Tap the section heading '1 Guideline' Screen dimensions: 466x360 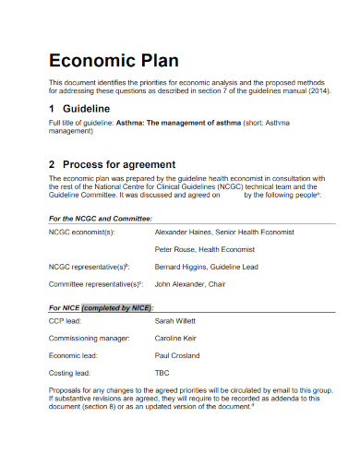79,108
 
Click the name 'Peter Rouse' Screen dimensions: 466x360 174,249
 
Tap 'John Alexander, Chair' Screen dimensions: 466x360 189,285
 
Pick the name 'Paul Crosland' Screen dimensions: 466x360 178,355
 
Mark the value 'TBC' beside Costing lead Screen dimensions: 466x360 162,373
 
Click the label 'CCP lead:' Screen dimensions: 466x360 64,322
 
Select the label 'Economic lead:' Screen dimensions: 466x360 71,355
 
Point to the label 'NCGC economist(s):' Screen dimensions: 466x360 80,233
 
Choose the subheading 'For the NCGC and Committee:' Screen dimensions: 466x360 100,219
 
